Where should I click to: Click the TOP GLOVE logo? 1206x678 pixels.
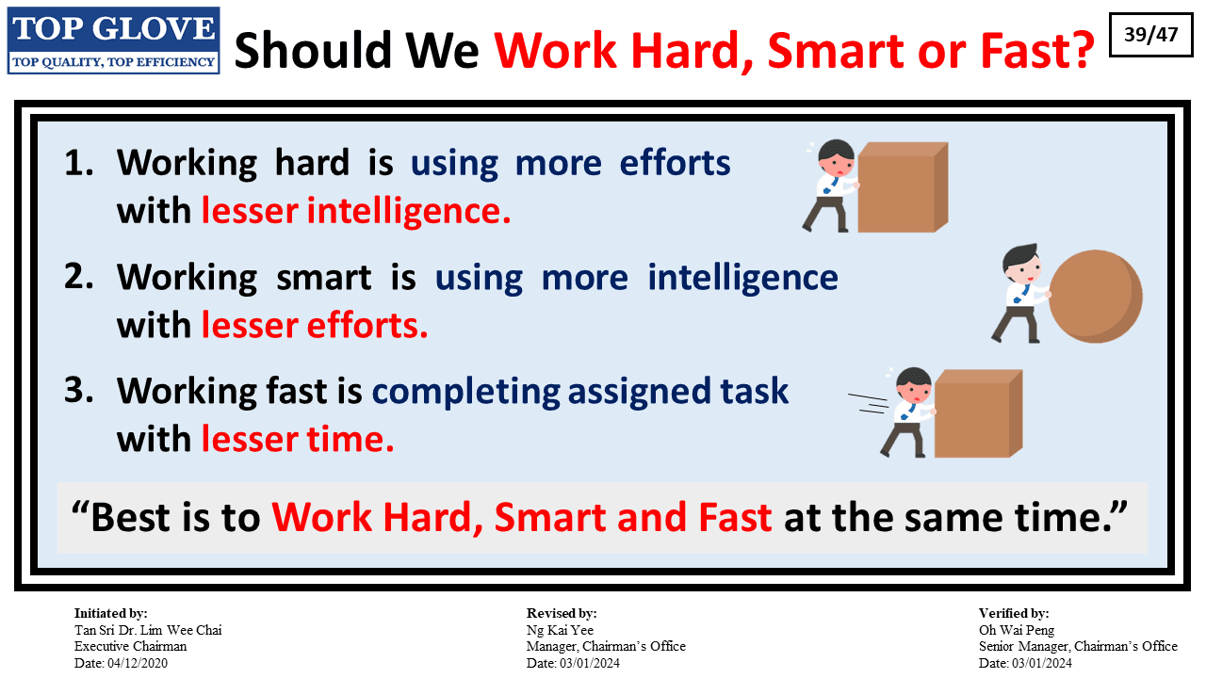tap(114, 40)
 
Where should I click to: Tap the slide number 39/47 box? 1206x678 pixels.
tap(1151, 35)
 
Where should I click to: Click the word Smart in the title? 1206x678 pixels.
tap(836, 51)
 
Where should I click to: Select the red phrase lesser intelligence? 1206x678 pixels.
tap(356, 210)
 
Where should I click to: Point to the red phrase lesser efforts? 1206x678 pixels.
tap(315, 325)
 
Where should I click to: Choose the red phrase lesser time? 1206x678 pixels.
tap(298, 439)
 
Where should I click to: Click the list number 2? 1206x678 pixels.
tap(78, 277)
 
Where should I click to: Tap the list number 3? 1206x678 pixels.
tap(78, 390)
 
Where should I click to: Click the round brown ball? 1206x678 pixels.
tap(1096, 296)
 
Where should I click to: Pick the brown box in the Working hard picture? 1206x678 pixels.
tap(903, 187)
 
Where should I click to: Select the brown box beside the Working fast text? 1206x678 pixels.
tap(978, 413)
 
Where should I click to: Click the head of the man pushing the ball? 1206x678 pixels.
tap(1021, 263)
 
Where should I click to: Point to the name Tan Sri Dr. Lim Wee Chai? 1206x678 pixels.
tap(148, 630)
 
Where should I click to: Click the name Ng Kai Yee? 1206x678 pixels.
tap(560, 630)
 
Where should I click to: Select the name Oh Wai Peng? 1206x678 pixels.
tap(1017, 630)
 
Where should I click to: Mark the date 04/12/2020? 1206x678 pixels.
tap(138, 663)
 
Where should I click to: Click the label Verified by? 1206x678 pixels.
tap(1014, 613)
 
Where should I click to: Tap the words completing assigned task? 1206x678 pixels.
tap(579, 392)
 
